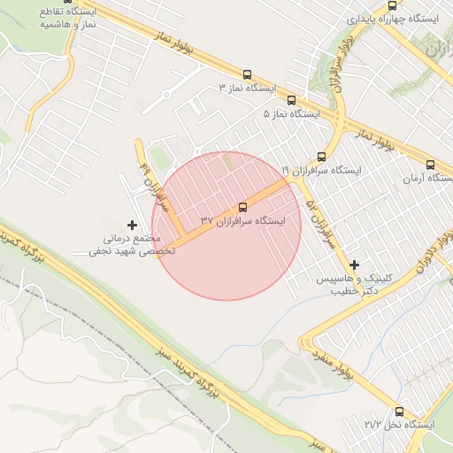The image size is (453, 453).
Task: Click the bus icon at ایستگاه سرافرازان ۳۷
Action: [x=243, y=208]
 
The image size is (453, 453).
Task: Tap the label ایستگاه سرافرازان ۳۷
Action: [x=242, y=221]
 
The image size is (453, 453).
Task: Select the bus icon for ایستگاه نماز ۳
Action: [x=246, y=75]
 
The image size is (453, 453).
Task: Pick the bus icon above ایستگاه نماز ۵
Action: [x=292, y=100]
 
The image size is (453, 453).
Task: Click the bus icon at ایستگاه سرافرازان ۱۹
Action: [x=333, y=157]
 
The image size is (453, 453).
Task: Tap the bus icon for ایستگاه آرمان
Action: [x=431, y=165]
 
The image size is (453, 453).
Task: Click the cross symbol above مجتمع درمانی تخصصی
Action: [x=133, y=226]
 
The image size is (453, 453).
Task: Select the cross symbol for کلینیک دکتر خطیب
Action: [x=355, y=265]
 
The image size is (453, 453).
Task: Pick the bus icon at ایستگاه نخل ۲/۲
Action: [x=399, y=411]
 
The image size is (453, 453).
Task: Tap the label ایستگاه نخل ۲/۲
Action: [x=399, y=426]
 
